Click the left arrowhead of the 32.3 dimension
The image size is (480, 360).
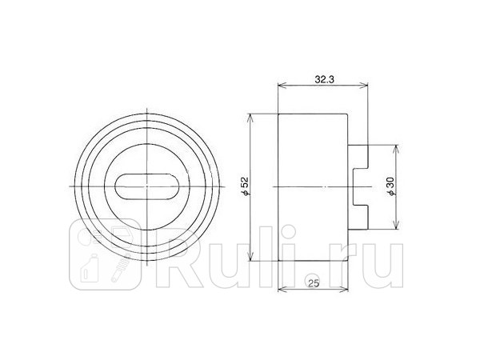click(x=280, y=86)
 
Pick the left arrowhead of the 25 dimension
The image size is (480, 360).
click(x=280, y=290)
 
